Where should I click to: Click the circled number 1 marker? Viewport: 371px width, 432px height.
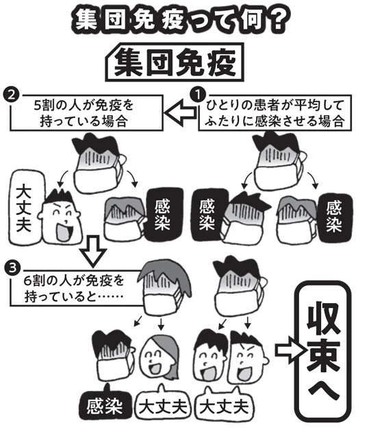(x=198, y=95)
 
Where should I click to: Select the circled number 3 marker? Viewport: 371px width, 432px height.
(x=12, y=267)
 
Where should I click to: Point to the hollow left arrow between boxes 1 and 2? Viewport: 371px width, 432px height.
(x=181, y=112)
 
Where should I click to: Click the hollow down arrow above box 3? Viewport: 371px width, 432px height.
(x=92, y=251)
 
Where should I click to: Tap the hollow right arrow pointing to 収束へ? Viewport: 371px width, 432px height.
(x=291, y=350)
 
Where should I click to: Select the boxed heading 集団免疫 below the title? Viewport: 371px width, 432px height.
(x=175, y=62)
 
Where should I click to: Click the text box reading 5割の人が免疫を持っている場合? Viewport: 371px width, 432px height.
(x=86, y=112)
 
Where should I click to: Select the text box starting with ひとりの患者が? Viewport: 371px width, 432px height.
(x=274, y=112)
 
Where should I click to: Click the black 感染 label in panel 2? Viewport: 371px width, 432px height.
(x=164, y=215)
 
